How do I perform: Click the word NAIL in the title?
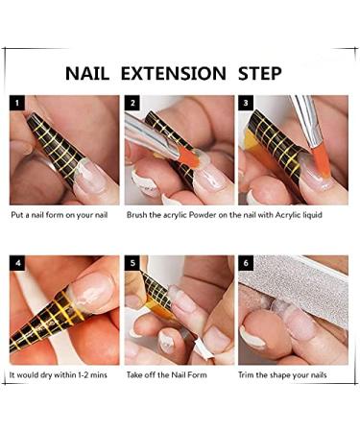pos(93,73)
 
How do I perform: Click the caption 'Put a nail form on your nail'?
pos(59,214)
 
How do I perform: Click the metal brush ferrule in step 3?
pos(309,120)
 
